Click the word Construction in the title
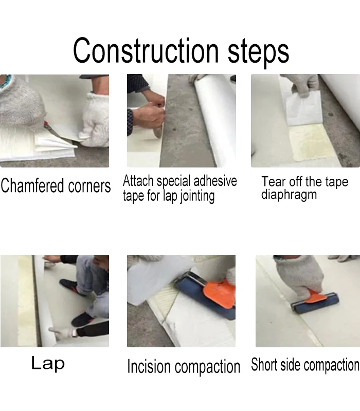146,50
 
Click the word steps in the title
258,52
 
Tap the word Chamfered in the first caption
32,185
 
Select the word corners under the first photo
89,186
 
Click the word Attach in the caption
138,181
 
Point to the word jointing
197,197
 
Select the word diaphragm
289,195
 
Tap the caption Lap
48,364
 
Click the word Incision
149,366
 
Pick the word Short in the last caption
264,364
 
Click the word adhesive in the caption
215,181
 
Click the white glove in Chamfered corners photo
96,119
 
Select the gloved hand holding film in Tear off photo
302,84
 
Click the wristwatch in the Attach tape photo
130,122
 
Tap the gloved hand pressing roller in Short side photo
302,276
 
